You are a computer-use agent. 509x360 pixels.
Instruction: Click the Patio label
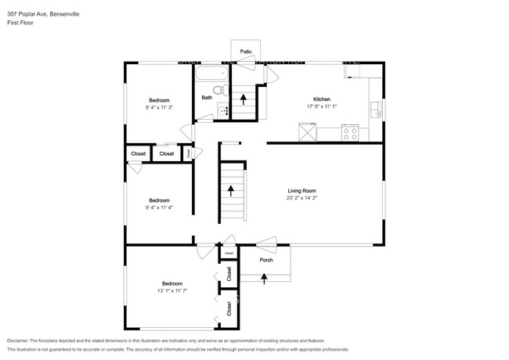click(x=246, y=51)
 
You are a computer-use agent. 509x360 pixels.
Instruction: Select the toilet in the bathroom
click(x=222, y=90)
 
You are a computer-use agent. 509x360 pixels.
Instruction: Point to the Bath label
click(x=207, y=98)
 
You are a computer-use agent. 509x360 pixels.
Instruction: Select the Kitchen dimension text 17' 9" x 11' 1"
click(x=322, y=108)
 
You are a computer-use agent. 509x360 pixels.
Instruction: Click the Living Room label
click(x=301, y=190)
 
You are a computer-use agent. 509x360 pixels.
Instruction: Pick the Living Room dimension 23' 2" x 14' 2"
click(x=301, y=198)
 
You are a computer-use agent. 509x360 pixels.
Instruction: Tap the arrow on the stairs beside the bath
click(x=243, y=99)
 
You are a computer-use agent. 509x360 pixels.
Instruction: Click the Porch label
click(x=266, y=260)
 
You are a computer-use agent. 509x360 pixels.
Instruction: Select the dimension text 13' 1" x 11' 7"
click(x=172, y=291)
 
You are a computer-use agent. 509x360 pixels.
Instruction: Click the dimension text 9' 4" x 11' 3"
click(x=160, y=108)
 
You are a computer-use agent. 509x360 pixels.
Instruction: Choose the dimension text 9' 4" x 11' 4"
click(x=160, y=207)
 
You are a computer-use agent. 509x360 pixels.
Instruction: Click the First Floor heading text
click(x=21, y=23)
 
